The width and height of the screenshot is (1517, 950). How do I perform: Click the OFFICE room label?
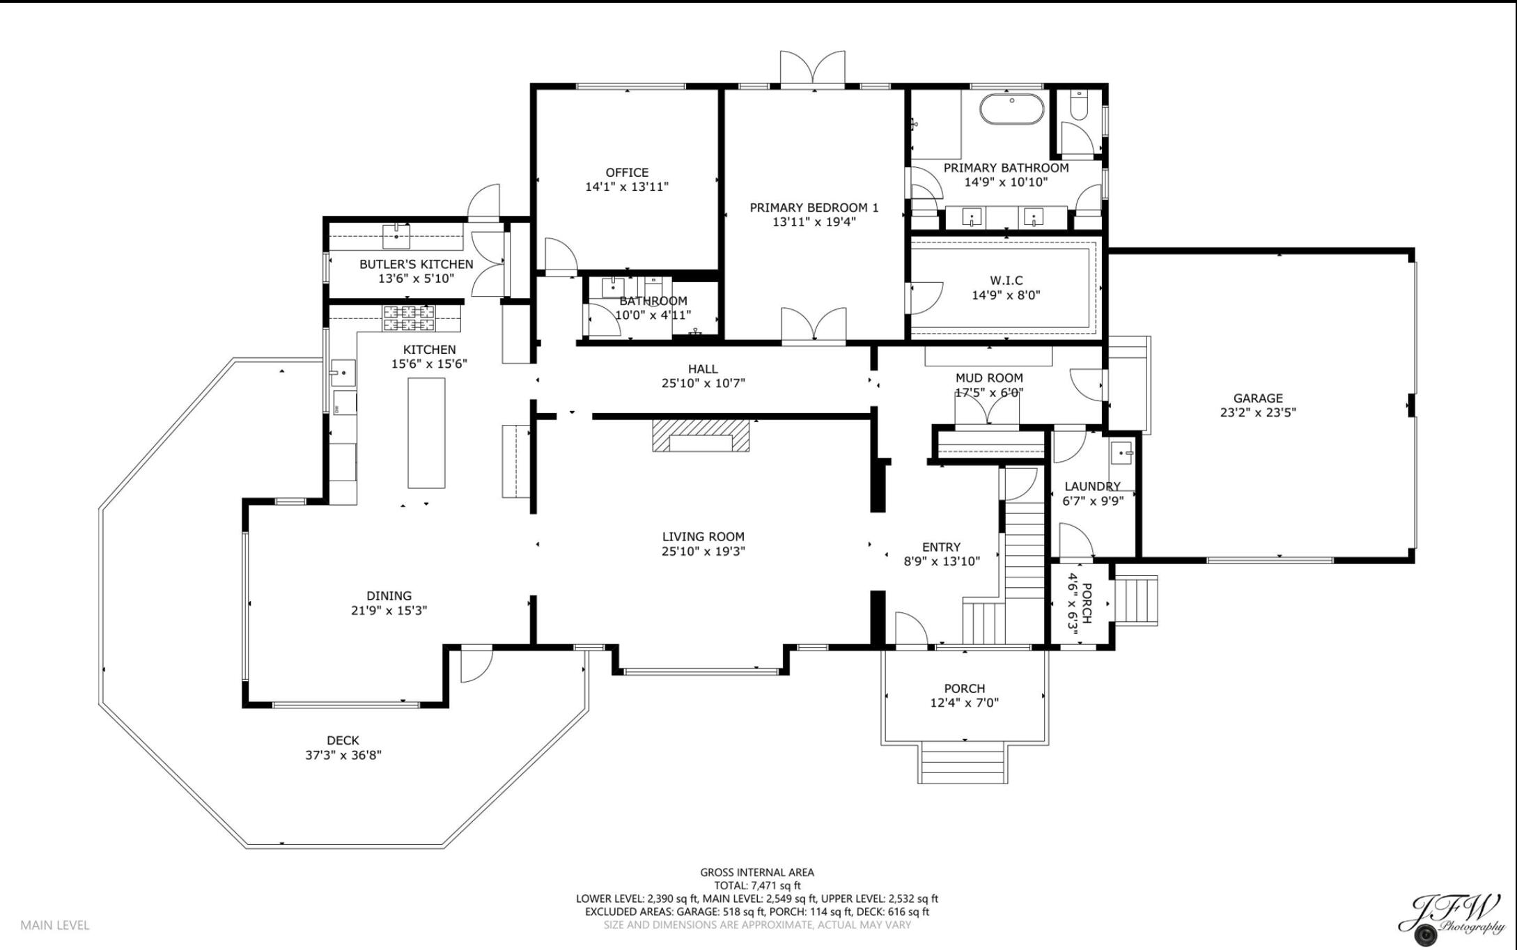tap(627, 173)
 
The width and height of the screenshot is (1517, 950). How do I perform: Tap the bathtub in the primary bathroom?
tap(1012, 109)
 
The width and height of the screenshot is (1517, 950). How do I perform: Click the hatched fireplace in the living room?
tap(701, 435)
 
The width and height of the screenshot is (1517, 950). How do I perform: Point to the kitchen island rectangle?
tap(426, 433)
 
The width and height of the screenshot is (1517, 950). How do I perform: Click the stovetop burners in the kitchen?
tap(409, 318)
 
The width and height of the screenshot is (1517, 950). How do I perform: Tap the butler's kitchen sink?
tap(396, 236)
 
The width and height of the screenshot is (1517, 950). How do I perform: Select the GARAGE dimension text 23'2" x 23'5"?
tap(1257, 412)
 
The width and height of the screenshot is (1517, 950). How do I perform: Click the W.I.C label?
tap(1006, 280)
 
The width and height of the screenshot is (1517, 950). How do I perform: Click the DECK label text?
tap(343, 740)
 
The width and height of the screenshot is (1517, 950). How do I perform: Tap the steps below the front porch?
tap(964, 762)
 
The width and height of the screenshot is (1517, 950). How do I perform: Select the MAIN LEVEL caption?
tap(55, 925)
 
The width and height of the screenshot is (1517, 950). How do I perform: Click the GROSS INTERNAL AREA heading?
tap(756, 872)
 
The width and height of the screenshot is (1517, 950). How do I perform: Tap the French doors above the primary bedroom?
tap(812, 69)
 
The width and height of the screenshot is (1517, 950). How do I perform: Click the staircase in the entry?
tap(1024, 543)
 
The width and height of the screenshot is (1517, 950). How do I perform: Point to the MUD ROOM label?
tap(988, 378)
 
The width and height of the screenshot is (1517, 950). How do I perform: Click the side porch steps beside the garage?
tap(1136, 600)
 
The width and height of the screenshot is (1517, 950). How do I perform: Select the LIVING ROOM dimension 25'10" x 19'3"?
tap(703, 552)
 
